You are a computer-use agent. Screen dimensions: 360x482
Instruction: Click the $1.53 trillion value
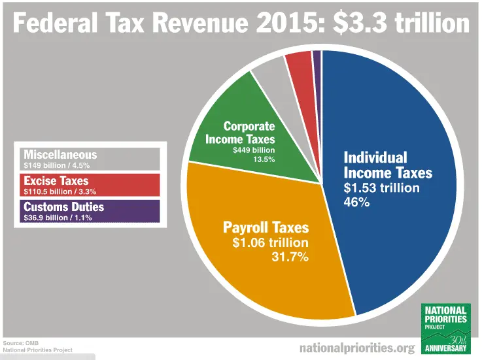pos(382,188)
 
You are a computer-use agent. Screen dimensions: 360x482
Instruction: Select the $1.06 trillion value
pos(270,242)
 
